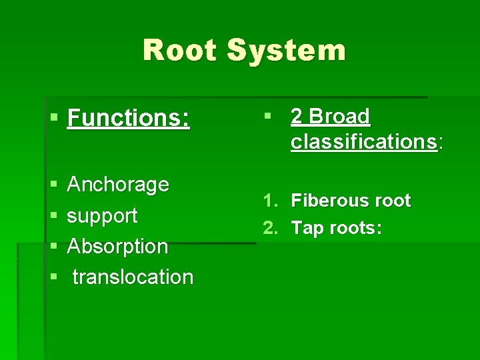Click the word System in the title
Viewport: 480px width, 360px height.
coord(286,51)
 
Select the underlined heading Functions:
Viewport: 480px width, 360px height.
coord(129,119)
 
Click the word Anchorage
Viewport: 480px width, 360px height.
coord(118,184)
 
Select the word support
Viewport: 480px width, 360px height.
coord(102,215)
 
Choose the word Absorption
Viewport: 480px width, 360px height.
coord(117,246)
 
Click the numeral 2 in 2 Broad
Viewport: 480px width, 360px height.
coord(297,117)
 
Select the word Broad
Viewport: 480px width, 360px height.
coord(339,117)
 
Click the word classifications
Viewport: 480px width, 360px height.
coord(363,141)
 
